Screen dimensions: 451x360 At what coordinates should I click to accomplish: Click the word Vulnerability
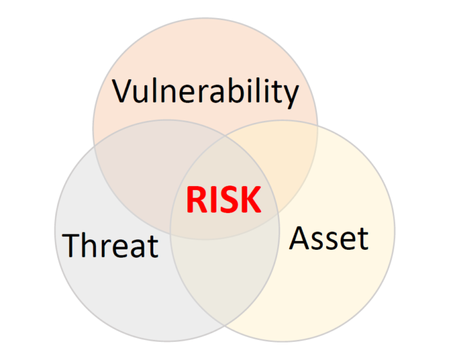point(206,93)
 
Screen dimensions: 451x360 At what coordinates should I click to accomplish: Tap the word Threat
point(110,245)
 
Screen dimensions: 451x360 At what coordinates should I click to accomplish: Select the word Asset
point(329,238)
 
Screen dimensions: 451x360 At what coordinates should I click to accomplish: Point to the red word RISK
point(224,199)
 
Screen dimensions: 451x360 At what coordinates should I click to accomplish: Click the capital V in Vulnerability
point(122,91)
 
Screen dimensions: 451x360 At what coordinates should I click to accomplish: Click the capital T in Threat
point(72,245)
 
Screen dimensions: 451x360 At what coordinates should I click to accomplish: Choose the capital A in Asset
point(300,238)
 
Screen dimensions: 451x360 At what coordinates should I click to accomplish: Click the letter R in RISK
point(196,199)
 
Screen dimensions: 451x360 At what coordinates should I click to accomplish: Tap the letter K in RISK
point(251,199)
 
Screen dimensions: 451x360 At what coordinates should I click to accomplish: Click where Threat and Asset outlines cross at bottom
point(225,326)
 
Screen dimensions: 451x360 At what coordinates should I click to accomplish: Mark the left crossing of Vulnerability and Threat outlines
point(94,146)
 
